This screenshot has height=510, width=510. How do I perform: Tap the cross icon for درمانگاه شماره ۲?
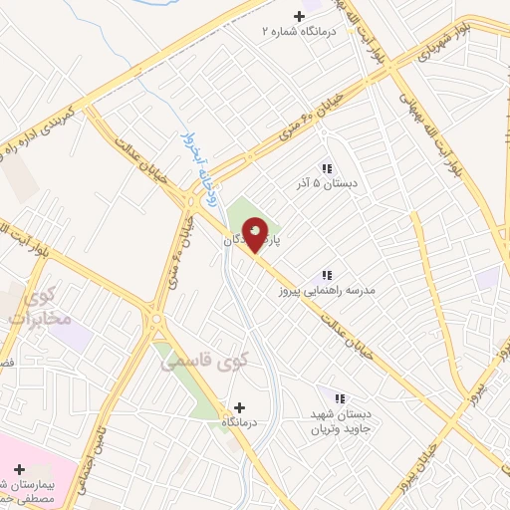click(300, 16)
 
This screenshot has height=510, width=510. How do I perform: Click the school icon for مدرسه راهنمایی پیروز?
click(326, 275)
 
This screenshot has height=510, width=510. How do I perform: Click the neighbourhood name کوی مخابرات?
click(39, 308)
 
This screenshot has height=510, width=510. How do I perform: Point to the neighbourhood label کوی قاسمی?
click(205, 365)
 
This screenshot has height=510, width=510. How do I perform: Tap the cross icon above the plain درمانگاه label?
click(238, 406)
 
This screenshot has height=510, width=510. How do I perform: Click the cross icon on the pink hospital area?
click(19, 467)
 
